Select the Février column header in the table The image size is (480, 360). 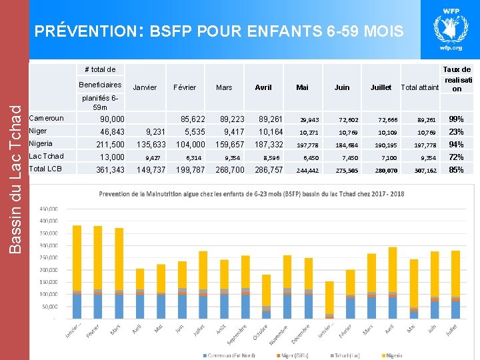[x=185, y=87]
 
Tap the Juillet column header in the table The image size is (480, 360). [x=380, y=87]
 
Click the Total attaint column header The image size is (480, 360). [x=419, y=87]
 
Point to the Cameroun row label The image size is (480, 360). [x=47, y=119]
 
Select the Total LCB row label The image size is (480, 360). [x=46, y=169]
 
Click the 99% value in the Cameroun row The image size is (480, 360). [x=457, y=119]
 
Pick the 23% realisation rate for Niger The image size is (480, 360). [x=457, y=131]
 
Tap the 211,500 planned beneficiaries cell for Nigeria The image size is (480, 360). [x=110, y=144]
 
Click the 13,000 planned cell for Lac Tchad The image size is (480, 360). [x=111, y=157]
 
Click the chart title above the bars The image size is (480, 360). [x=251, y=194]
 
